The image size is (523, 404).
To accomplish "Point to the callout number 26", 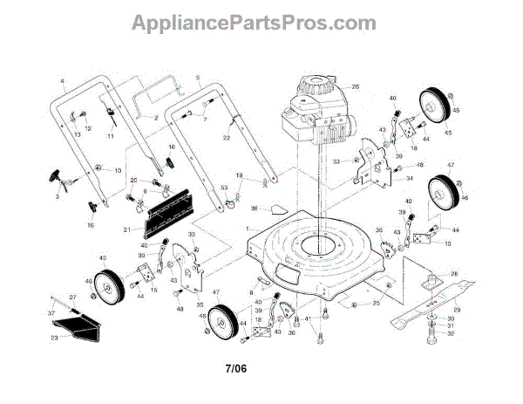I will coord(356,86).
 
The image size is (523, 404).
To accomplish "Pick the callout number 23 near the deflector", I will coord(55,337).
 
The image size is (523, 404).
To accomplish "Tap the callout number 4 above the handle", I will coord(64,82).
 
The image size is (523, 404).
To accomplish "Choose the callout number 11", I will coord(111,137).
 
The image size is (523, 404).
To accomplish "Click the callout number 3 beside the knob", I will coord(58,198).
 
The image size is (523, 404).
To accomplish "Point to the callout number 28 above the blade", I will coord(453,274).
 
